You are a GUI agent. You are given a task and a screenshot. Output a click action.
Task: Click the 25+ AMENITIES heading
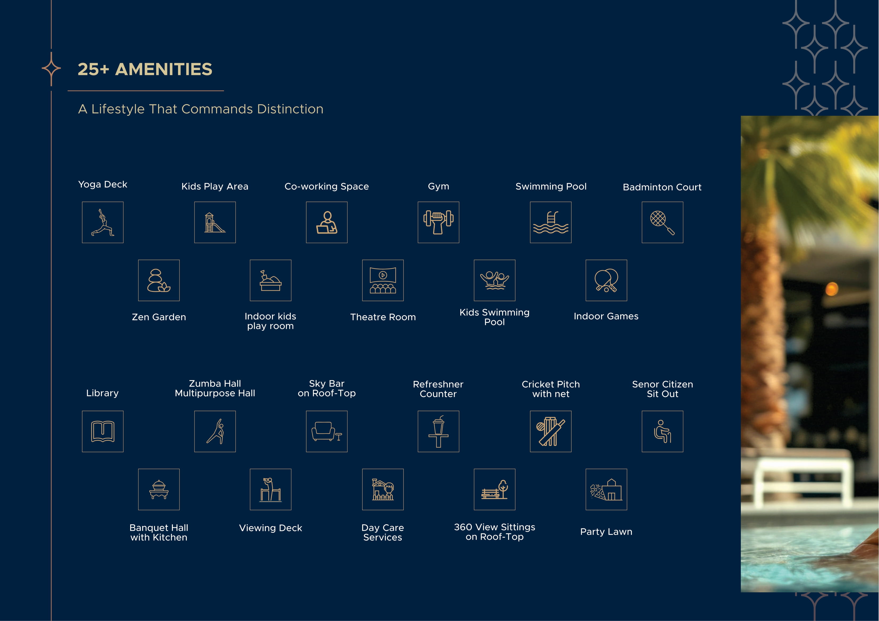coord(145,69)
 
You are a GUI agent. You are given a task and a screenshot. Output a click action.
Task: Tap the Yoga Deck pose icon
coord(103,222)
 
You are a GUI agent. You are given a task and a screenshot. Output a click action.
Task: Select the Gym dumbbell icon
coord(438,222)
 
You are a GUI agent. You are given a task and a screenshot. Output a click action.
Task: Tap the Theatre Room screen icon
coord(383,280)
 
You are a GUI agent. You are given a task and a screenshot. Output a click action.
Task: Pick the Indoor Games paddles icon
coord(606,280)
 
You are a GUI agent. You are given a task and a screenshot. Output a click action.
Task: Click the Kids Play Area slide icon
coord(215,222)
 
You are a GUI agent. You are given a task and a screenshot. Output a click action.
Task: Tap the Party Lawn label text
coord(606,532)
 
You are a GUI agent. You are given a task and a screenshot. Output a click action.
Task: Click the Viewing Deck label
coord(271,528)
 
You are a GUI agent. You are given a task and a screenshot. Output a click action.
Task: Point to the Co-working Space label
coord(327,186)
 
